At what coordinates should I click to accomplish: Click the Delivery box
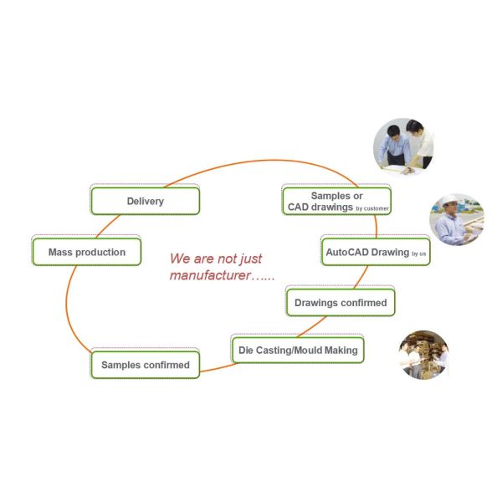pos(146,201)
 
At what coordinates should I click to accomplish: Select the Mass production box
pos(87,252)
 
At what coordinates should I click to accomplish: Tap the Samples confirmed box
pos(146,365)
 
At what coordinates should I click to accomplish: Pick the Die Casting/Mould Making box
pos(298,350)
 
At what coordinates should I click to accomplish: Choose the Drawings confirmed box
pos(341,303)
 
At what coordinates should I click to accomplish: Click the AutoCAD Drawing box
pos(376,252)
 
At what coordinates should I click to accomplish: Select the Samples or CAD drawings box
pos(337,201)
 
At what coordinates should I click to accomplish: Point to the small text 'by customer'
pos(372,208)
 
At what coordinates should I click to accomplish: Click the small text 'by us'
pos(419,254)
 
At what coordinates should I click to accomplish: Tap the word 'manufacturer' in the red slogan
pos(210,275)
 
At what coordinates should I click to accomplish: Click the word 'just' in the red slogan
pos(251,259)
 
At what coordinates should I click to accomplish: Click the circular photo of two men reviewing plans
pos(403,146)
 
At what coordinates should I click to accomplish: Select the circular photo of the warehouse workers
pos(423,355)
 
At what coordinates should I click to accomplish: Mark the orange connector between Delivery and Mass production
pos(107,225)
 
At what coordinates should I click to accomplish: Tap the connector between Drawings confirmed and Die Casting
pos(312,327)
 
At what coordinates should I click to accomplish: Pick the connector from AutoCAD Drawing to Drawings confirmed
pos(361,278)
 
